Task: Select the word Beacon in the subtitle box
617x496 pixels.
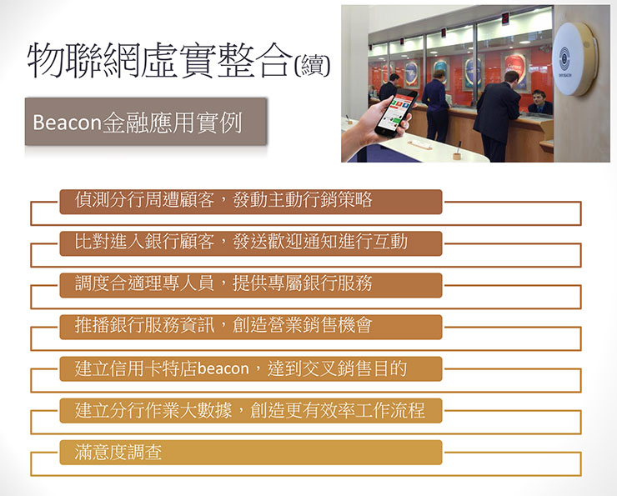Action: pos(67,123)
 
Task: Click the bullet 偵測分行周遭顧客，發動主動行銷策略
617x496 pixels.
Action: pos(223,200)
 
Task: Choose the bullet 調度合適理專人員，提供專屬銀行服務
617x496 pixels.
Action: pos(223,283)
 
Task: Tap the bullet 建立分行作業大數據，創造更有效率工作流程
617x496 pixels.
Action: pos(249,410)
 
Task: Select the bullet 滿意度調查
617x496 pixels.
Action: pos(118,453)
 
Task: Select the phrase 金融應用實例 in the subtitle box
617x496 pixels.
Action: pos(171,123)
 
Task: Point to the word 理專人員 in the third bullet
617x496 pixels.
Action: pos(171,283)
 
